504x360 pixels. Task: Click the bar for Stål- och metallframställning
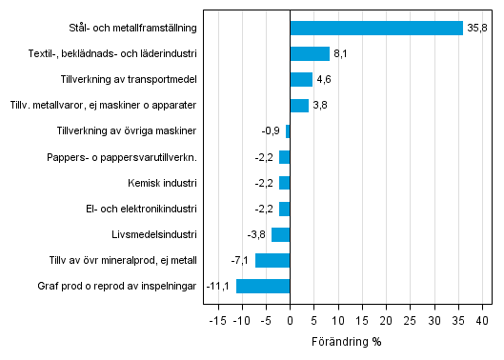point(376,29)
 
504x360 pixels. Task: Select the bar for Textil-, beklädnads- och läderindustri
point(310,54)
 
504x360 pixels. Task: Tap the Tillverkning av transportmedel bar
point(301,80)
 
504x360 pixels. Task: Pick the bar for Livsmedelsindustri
point(281,234)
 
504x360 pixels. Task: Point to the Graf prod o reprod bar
point(263,286)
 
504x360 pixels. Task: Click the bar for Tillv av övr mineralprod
point(272,260)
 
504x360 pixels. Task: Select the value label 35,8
point(477,29)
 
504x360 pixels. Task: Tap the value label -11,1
point(221,286)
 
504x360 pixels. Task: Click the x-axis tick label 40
point(483,321)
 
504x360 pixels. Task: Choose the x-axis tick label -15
point(216,321)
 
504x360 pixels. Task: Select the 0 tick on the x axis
point(290,321)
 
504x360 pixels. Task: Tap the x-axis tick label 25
point(411,321)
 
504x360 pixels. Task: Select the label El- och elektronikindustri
point(141,209)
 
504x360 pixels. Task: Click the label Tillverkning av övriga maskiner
point(127,131)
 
